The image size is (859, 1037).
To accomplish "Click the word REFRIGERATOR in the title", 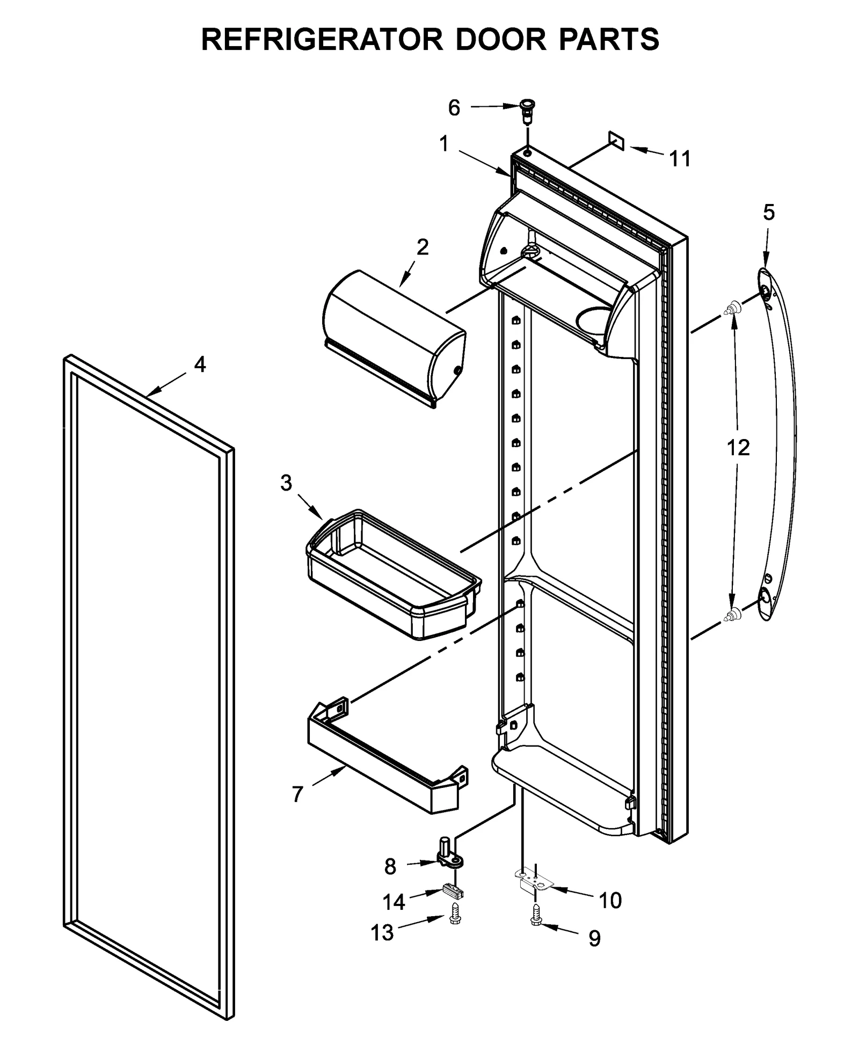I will tap(322, 40).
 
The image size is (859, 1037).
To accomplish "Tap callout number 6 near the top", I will tap(454, 108).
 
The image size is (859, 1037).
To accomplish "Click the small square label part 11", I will tap(616, 140).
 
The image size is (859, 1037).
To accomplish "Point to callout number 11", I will tap(680, 159).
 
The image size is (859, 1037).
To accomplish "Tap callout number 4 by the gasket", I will tap(200, 365).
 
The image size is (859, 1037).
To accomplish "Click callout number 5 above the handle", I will tap(769, 213).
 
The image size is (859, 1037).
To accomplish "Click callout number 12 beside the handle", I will tap(738, 447).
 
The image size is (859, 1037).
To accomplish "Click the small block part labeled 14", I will tap(454, 892).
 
